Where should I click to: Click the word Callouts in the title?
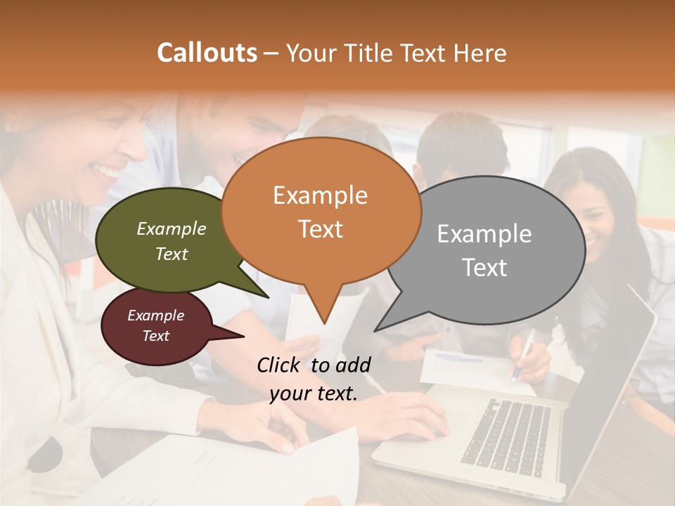[207, 53]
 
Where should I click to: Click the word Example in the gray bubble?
[484, 234]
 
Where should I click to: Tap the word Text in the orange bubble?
[321, 229]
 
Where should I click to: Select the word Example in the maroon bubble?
[155, 316]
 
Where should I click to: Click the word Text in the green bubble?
[172, 254]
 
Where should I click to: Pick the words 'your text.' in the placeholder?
[314, 394]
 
